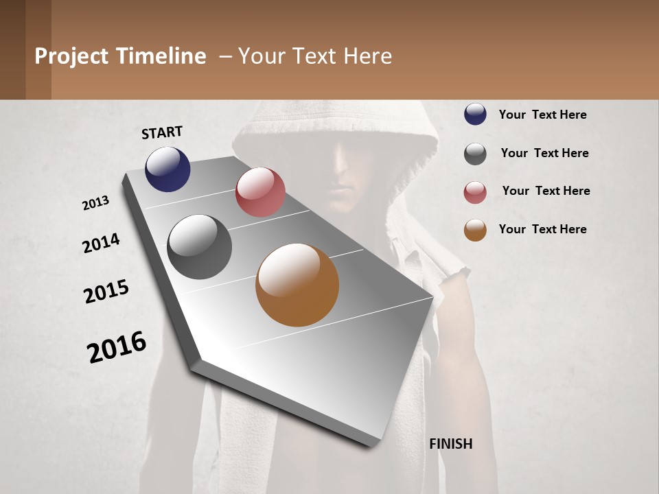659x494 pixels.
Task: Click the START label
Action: (x=162, y=132)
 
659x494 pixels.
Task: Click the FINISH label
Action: (x=451, y=444)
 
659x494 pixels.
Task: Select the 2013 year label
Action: (x=96, y=203)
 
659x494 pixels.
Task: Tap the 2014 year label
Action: (x=101, y=243)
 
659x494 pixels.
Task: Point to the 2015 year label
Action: (x=106, y=292)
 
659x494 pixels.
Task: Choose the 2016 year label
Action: (x=117, y=346)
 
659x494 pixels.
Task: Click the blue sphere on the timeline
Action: (x=167, y=169)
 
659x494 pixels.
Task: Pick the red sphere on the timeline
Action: (x=260, y=192)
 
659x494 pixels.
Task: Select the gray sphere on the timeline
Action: (x=199, y=247)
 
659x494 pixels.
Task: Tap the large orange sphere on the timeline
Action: (x=297, y=285)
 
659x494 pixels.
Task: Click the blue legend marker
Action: (x=475, y=114)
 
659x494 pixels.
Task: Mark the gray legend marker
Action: (x=475, y=154)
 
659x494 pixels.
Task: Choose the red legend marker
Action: (x=475, y=192)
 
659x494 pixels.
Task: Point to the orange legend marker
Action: (x=475, y=230)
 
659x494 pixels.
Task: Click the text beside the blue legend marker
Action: (x=542, y=115)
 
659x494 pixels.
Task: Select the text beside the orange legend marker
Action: (x=542, y=229)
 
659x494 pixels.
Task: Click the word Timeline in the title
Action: (x=161, y=56)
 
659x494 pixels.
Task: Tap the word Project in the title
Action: (x=71, y=56)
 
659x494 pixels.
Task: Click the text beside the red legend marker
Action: (x=546, y=191)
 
